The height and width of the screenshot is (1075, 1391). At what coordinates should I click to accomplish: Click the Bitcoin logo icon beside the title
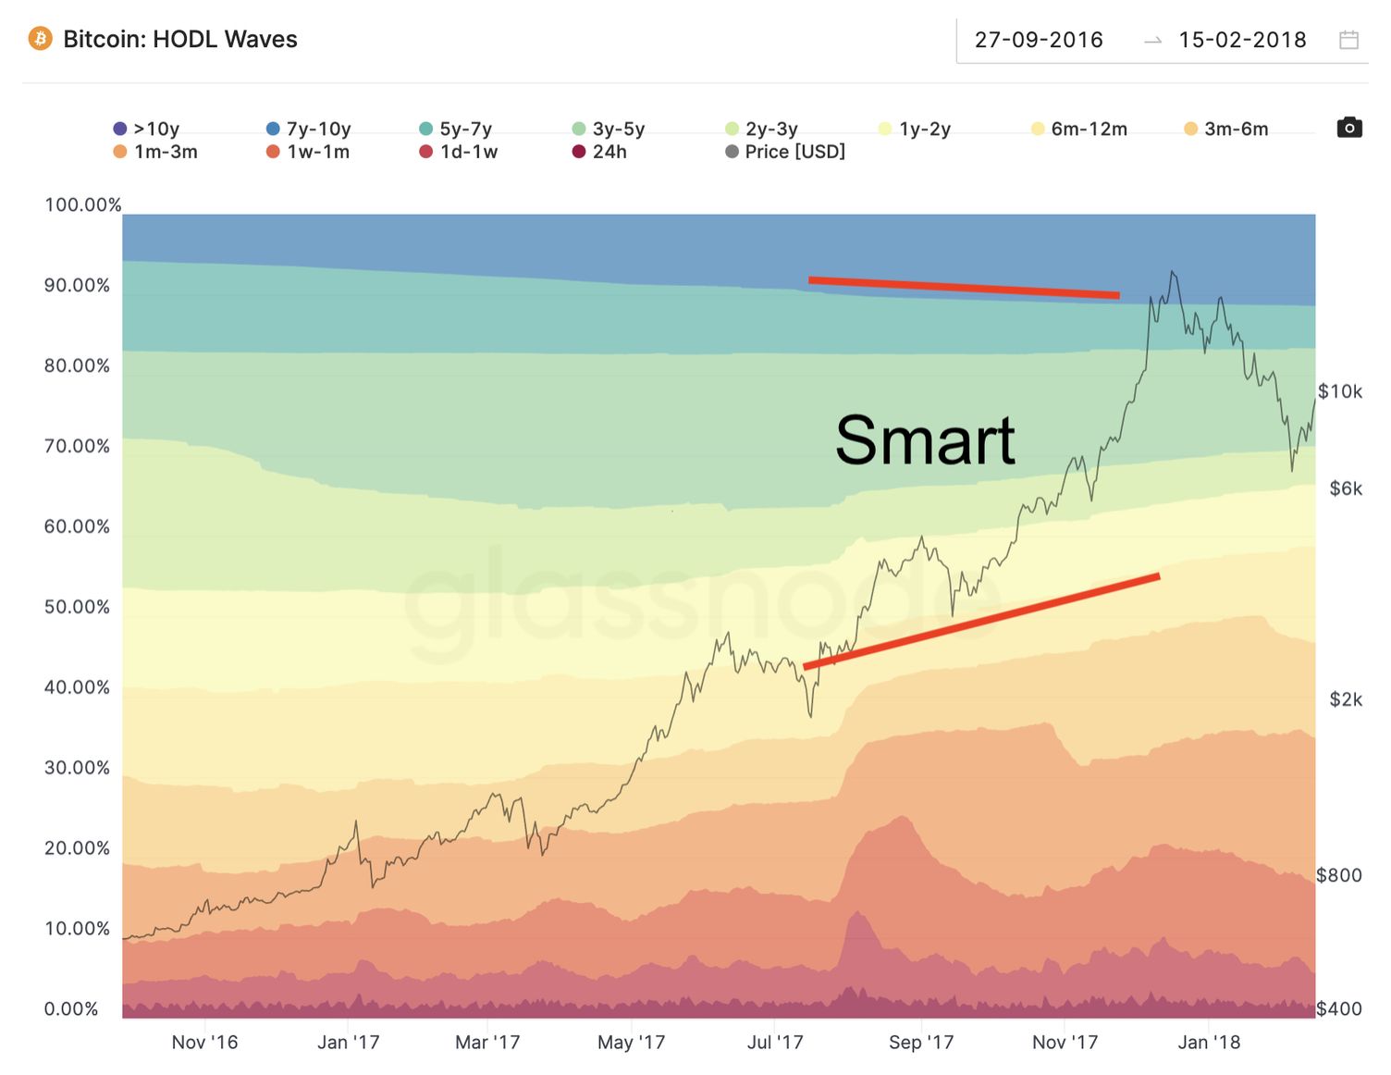pos(40,39)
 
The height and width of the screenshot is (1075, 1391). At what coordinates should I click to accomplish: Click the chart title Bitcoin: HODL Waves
pos(180,39)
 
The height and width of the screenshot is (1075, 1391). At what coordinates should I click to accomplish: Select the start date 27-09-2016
pos(1039,40)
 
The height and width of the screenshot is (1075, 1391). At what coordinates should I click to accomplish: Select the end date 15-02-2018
pos(1242,40)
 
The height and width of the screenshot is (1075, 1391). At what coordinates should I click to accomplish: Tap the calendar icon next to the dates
pos(1349,40)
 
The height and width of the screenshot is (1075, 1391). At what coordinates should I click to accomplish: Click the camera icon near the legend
pos(1349,128)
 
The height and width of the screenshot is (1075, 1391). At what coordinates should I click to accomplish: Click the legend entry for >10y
pos(147,129)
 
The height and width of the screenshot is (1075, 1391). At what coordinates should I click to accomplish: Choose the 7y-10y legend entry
pos(309,129)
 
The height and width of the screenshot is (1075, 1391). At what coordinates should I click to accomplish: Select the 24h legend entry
pos(600,152)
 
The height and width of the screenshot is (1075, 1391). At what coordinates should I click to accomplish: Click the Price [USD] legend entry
pos(786,152)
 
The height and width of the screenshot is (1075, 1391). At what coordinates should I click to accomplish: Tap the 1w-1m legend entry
pos(309,152)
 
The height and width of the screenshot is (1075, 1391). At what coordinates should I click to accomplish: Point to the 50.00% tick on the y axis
pos(77,607)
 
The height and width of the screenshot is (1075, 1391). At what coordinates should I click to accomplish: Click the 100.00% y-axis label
pos(82,204)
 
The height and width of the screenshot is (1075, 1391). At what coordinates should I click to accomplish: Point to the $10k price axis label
pos(1339,391)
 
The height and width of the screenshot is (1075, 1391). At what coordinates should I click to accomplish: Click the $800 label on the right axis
pos(1338,875)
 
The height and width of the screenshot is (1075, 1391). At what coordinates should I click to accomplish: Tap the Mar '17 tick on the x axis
pos(487,1043)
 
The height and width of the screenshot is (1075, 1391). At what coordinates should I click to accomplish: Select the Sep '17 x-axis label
pos(920,1043)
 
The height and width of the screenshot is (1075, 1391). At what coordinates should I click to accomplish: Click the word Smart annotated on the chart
pos(925,440)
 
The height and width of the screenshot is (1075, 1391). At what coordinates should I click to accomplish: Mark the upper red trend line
pos(964,288)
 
